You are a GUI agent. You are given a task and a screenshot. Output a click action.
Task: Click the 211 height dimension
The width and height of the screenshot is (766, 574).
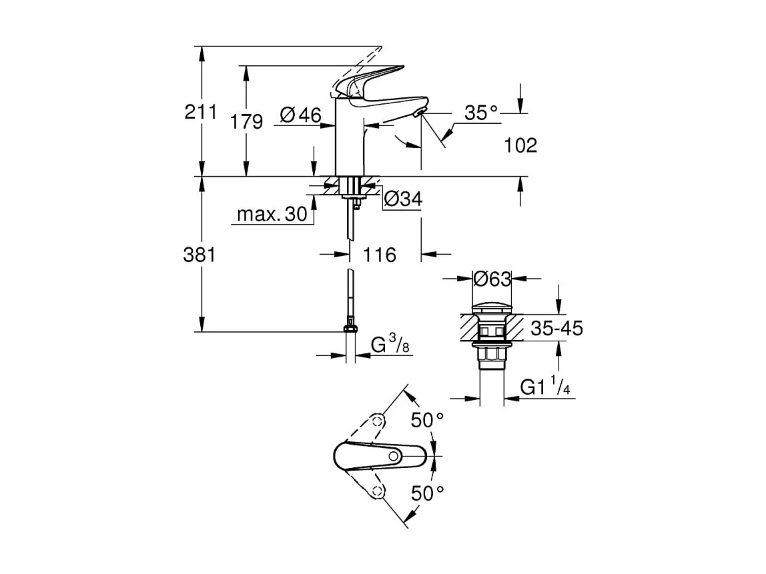pyautogui.click(x=201, y=111)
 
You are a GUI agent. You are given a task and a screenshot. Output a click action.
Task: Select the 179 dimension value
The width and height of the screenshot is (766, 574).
pyautogui.click(x=246, y=121)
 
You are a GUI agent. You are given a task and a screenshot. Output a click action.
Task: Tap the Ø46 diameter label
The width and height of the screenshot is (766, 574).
pyautogui.click(x=300, y=115)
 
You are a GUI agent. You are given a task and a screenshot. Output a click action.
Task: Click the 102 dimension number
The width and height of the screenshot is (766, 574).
pyautogui.click(x=521, y=145)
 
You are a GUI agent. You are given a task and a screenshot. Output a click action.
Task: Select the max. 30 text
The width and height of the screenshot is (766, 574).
pyautogui.click(x=272, y=214)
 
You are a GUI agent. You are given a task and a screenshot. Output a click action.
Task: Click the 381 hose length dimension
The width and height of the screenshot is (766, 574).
pyautogui.click(x=201, y=255)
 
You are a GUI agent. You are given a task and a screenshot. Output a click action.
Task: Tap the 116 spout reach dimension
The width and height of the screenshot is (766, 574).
pyautogui.click(x=380, y=255)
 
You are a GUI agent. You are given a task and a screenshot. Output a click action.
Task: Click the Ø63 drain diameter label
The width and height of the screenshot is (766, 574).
pyautogui.click(x=492, y=279)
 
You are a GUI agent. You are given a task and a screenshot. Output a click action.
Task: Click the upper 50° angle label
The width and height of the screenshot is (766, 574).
pyautogui.click(x=427, y=420)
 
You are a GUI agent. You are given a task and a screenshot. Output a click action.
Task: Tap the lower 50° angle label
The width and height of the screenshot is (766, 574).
pyautogui.click(x=427, y=494)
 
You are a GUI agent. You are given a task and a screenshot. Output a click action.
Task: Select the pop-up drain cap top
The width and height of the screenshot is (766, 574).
pyautogui.click(x=492, y=308)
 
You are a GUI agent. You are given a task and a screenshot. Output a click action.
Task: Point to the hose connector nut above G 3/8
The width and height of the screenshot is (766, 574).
pyautogui.click(x=350, y=327)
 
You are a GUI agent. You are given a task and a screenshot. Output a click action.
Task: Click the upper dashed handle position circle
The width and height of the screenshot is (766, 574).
pyautogui.click(x=378, y=421)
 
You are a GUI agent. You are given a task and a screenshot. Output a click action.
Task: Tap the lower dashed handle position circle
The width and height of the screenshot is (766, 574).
pyautogui.click(x=378, y=491)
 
